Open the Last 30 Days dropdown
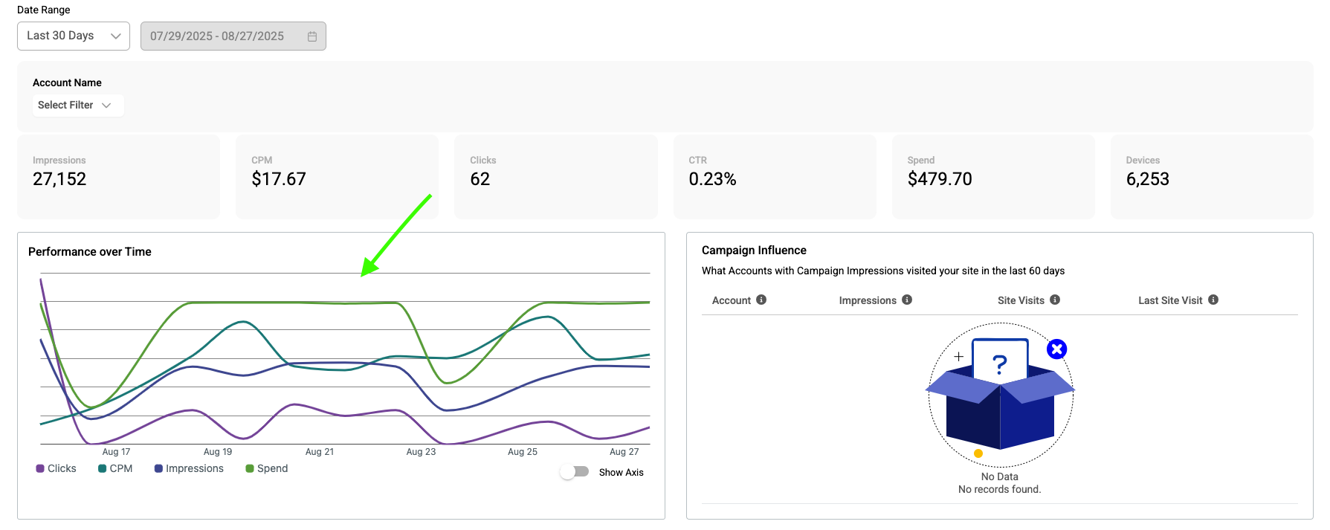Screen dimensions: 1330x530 click(x=74, y=36)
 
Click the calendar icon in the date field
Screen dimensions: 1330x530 click(x=312, y=36)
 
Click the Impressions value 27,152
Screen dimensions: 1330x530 click(x=59, y=179)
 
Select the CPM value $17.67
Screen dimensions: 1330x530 click(x=279, y=179)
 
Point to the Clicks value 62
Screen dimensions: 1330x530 click(x=480, y=179)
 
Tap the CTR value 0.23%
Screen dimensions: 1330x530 click(x=712, y=179)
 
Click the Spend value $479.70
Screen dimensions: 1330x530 click(x=940, y=179)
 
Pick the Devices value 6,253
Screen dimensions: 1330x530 click(x=1147, y=179)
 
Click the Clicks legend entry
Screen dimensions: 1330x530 click(x=57, y=468)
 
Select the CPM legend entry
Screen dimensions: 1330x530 click(x=115, y=468)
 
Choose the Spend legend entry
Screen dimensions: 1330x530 click(x=267, y=468)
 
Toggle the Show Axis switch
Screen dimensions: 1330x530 click(x=575, y=472)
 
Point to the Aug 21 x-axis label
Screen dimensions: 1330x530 click(x=320, y=452)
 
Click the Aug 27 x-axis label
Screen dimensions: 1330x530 click(x=624, y=452)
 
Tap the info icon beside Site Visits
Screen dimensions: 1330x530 click(x=1055, y=300)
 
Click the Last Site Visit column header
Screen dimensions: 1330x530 click(x=1170, y=300)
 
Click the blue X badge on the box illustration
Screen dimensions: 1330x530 click(x=1056, y=349)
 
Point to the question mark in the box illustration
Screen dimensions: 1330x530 click(x=1000, y=364)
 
